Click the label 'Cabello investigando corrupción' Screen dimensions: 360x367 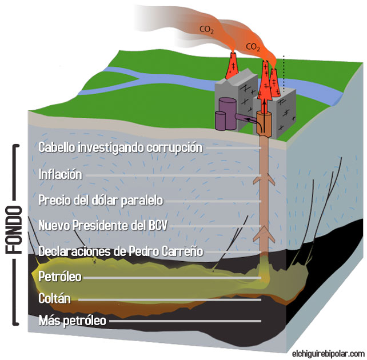(x=121, y=147)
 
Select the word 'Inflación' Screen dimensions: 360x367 (x=61, y=174)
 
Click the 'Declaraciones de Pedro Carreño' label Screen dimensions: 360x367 (x=121, y=251)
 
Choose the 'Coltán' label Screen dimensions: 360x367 (x=55, y=298)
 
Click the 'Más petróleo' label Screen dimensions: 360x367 (x=72, y=321)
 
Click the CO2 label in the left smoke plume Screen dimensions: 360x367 (x=206, y=28)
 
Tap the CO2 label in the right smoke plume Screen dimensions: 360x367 (x=252, y=45)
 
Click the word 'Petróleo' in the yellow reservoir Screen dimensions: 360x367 (x=59, y=277)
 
